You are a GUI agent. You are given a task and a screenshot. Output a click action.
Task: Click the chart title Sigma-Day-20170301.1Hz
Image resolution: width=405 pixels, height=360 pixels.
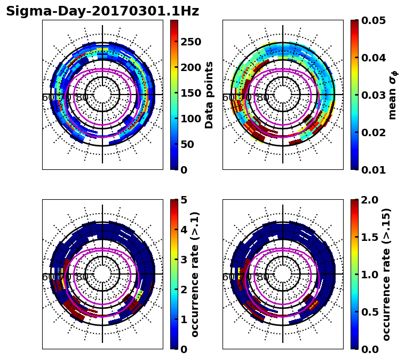[x=102, y=11]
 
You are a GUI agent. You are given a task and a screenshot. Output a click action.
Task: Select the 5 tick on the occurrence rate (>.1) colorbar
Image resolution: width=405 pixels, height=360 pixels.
[x=182, y=200]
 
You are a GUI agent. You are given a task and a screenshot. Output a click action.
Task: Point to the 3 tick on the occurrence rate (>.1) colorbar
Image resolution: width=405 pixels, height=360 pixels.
[x=182, y=260]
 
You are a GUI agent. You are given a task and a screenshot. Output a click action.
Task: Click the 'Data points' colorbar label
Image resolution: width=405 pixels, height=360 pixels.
[x=209, y=95]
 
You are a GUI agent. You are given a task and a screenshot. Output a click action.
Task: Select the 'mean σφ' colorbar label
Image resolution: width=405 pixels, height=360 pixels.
[x=393, y=95]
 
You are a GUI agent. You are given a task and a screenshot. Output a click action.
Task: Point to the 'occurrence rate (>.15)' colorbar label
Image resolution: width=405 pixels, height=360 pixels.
[x=387, y=274]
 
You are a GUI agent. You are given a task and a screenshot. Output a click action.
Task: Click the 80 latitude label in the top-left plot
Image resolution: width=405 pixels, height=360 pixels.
[x=82, y=98]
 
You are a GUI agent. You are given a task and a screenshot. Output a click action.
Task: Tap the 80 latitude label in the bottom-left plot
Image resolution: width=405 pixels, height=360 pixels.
[x=82, y=277]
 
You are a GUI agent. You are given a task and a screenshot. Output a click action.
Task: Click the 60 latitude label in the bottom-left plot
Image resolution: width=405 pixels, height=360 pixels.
[x=47, y=277]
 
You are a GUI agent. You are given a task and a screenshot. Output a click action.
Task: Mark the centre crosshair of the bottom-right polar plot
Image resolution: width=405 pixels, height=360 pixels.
[x=283, y=274]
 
